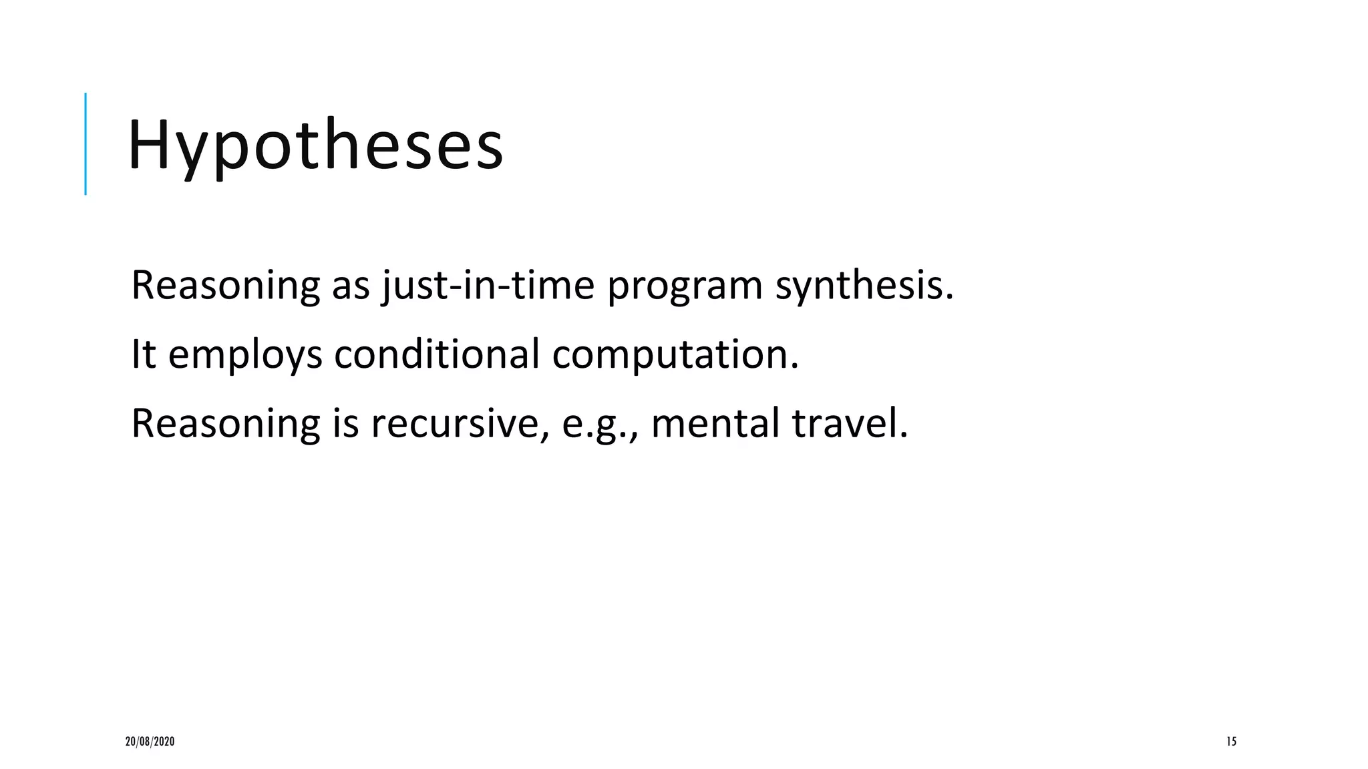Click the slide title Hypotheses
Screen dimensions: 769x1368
[315, 146]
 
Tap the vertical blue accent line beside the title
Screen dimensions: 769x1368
[85, 144]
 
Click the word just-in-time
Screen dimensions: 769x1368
[488, 285]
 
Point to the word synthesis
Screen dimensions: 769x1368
[864, 285]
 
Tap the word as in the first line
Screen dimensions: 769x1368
[351, 286]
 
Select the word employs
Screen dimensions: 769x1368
[245, 356]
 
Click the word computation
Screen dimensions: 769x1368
[675, 355]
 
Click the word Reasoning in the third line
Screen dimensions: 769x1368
[225, 425]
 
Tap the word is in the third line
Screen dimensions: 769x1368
[345, 423]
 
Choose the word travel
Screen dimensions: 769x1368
[850, 423]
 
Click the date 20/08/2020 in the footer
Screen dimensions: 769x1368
[150, 741]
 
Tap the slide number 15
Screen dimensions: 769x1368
[1231, 741]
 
